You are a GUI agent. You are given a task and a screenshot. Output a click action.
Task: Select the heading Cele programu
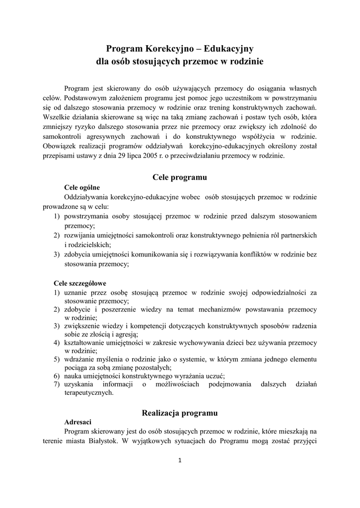(x=180, y=177)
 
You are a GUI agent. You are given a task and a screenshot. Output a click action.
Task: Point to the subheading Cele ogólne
(x=82, y=188)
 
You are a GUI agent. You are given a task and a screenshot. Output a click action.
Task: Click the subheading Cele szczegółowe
(x=80, y=283)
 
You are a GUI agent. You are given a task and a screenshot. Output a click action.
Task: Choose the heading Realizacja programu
(x=180, y=412)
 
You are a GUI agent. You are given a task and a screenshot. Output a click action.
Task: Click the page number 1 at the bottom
(x=180, y=460)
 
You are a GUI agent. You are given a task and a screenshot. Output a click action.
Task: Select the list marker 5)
(x=57, y=359)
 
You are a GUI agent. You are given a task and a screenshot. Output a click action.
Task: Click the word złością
(x=90, y=334)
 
